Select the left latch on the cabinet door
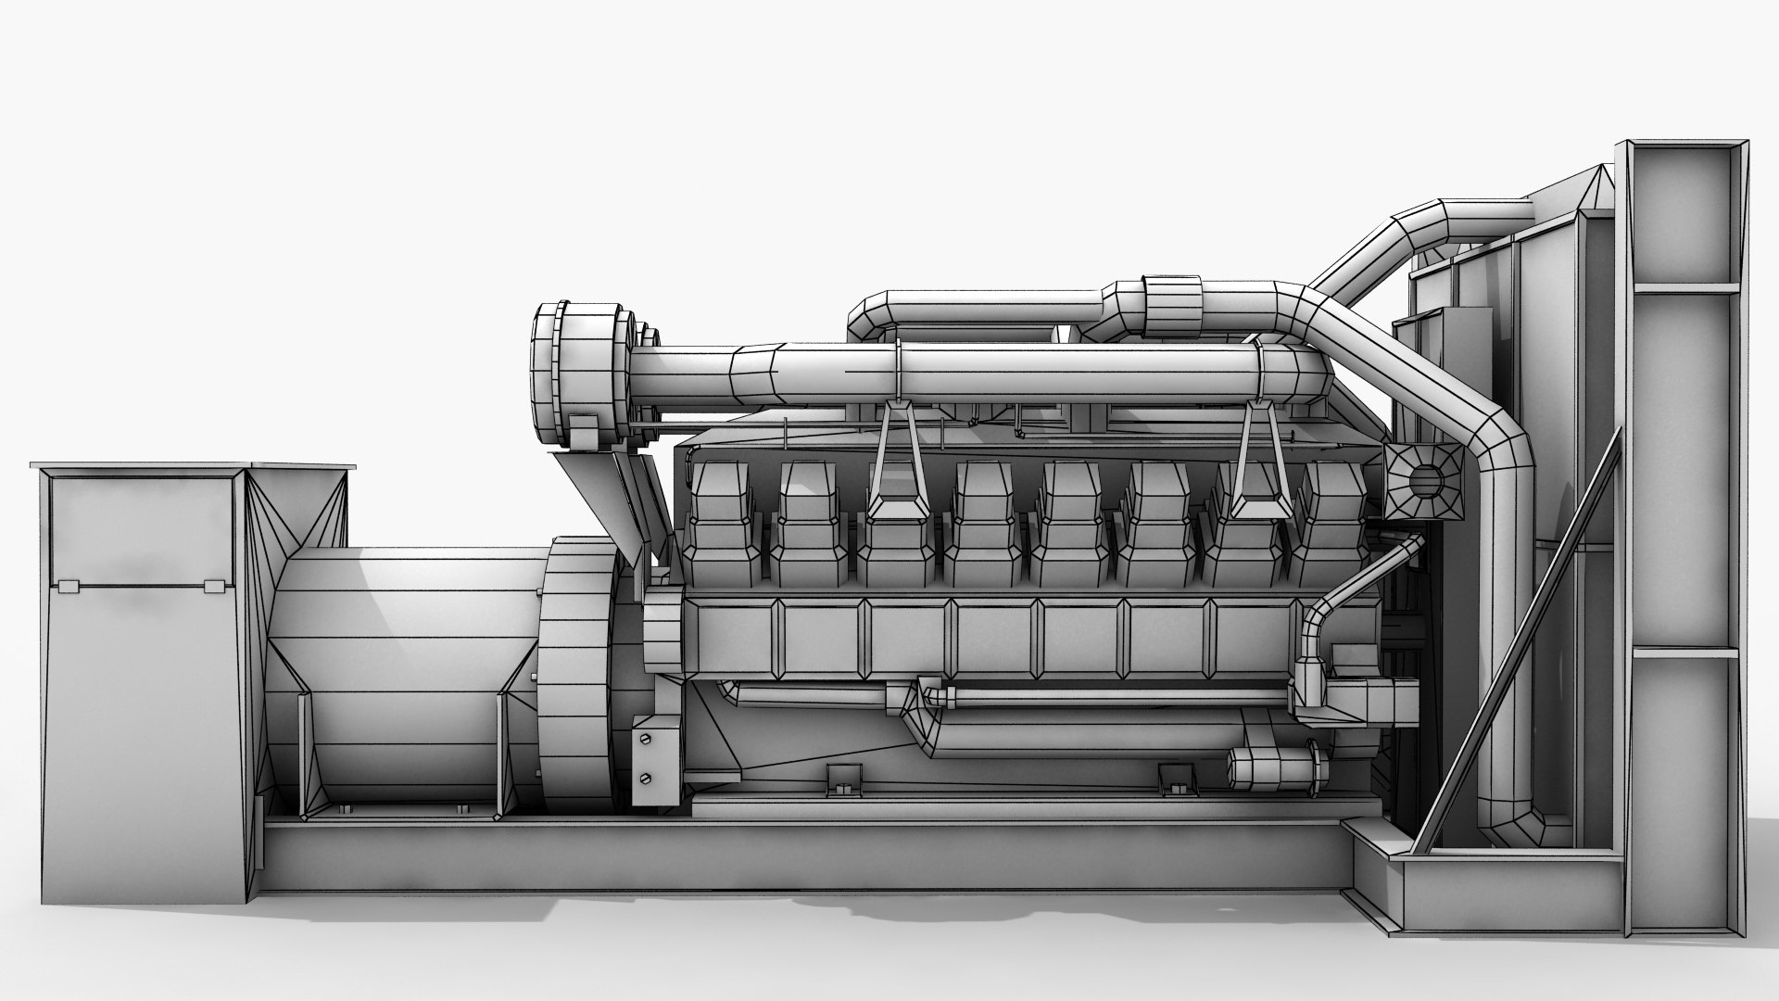tap(66, 586)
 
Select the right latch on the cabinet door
tap(213, 586)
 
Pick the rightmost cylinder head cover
tap(1331, 524)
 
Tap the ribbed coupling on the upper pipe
tap(1172, 306)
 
